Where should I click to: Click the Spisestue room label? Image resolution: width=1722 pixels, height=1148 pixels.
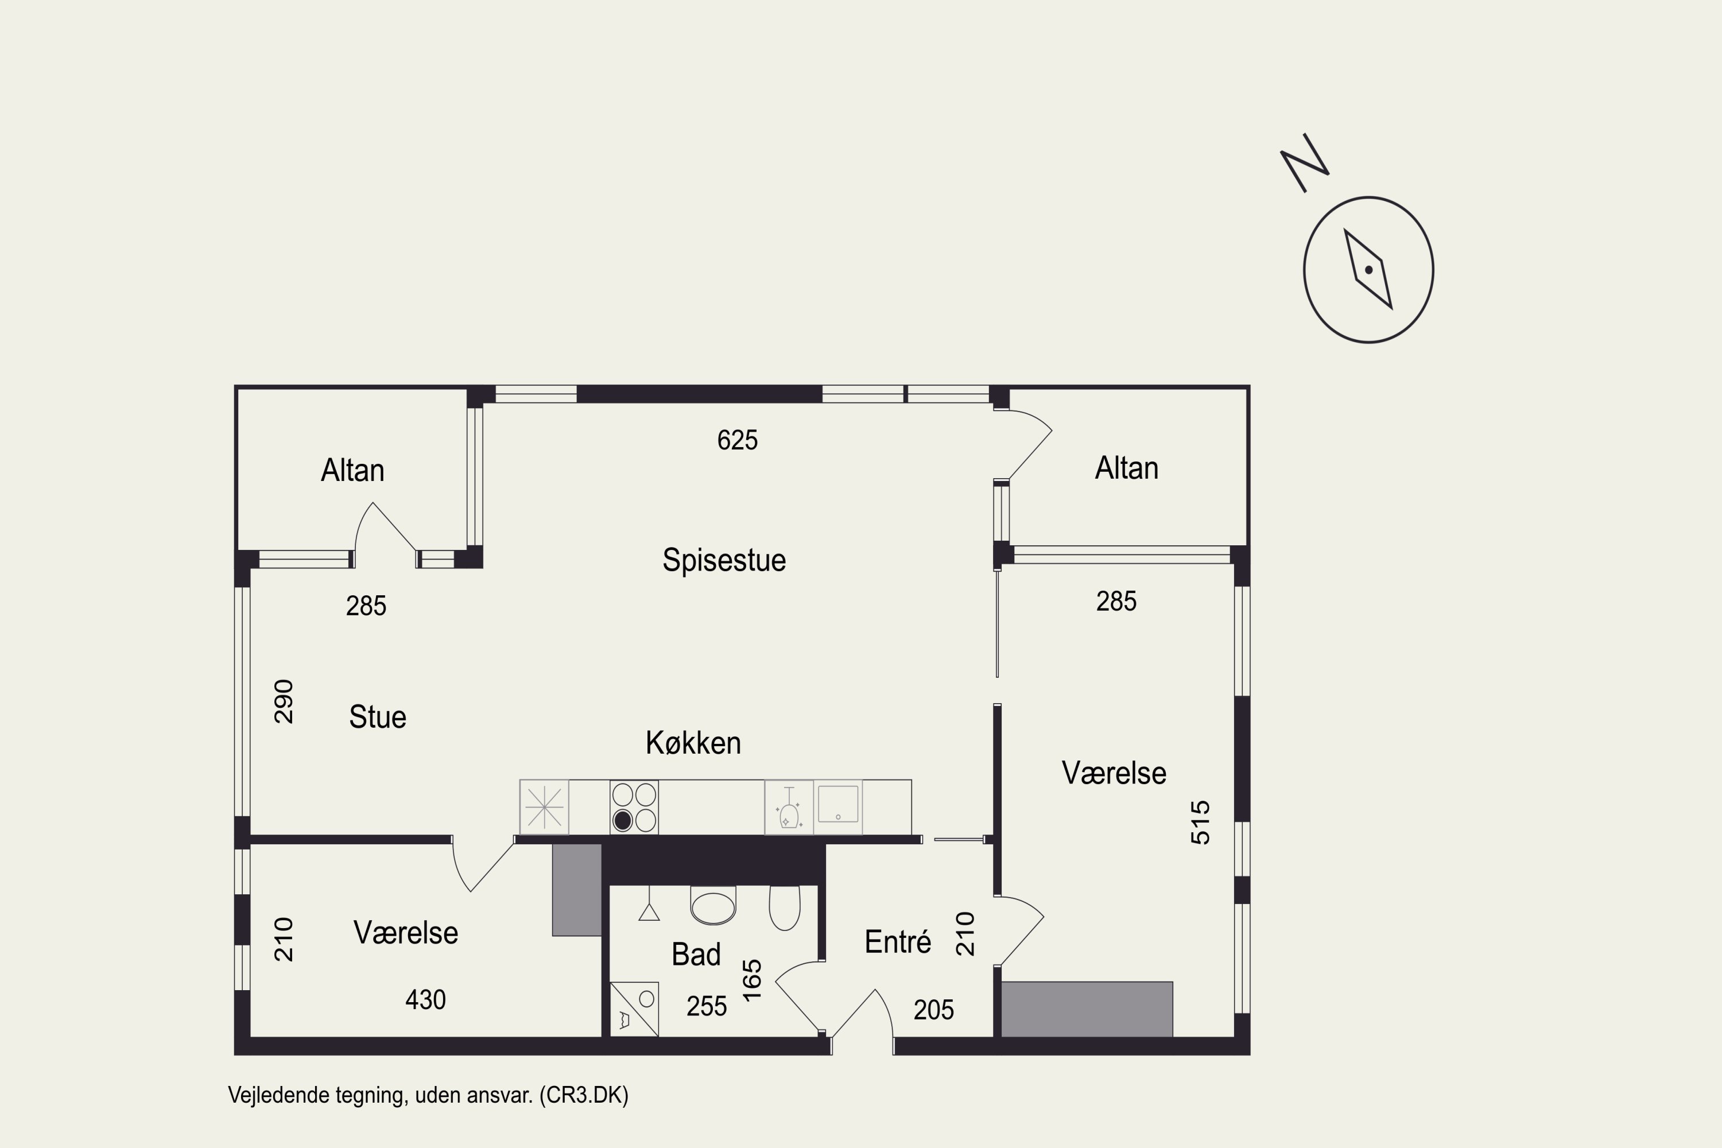point(724,560)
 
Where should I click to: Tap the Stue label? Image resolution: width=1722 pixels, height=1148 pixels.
point(378,717)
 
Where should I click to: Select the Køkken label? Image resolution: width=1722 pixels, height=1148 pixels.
point(693,743)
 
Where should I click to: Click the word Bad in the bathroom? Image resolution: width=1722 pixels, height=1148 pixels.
point(696,955)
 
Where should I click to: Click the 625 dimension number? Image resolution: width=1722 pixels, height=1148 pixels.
point(737,440)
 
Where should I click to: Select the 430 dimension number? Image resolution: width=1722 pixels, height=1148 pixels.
point(425,999)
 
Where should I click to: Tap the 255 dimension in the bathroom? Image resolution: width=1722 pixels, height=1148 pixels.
point(707,1007)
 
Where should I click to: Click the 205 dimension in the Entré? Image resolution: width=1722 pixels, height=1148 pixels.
point(933,1010)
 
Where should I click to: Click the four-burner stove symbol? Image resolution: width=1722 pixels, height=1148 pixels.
point(634,808)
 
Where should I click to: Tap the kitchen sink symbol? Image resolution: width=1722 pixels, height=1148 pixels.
point(837,805)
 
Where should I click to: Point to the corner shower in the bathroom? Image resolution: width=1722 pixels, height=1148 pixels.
point(634,1009)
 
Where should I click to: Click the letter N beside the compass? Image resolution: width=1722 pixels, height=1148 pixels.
point(1304,162)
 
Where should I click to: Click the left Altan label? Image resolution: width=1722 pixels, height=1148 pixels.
point(352,470)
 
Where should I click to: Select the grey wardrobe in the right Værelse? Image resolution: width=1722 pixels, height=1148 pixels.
point(1087,1009)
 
